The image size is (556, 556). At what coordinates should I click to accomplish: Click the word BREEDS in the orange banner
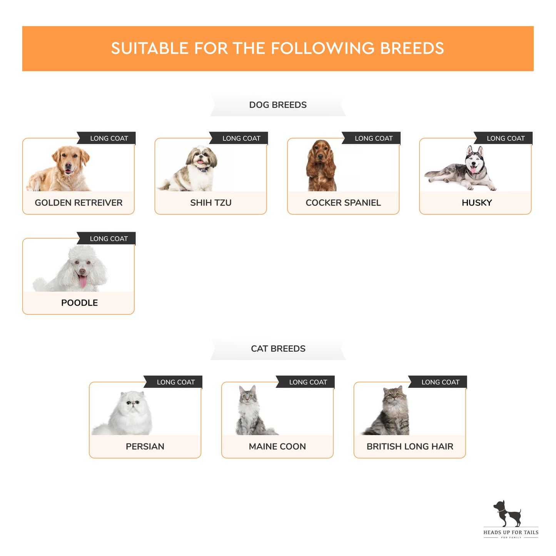pyautogui.click(x=412, y=48)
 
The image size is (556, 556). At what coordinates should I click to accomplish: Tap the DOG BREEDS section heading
pyautogui.click(x=277, y=105)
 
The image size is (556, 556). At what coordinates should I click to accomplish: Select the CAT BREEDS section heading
pyautogui.click(x=278, y=349)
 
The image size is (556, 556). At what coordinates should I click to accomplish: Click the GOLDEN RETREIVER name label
pyautogui.click(x=78, y=202)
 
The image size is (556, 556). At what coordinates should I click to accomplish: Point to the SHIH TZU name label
pyautogui.click(x=210, y=202)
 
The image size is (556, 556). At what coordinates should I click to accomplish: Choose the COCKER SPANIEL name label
pyautogui.click(x=343, y=202)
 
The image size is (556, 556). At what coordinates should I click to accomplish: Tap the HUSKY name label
pyautogui.click(x=477, y=202)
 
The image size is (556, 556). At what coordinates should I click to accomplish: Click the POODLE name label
pyautogui.click(x=79, y=303)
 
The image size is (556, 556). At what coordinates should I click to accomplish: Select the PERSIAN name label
pyautogui.click(x=145, y=446)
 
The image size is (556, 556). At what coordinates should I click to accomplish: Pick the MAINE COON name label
pyautogui.click(x=277, y=446)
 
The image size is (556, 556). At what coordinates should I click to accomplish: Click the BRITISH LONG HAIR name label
pyautogui.click(x=410, y=446)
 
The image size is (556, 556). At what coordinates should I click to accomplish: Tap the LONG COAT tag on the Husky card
pyautogui.click(x=506, y=138)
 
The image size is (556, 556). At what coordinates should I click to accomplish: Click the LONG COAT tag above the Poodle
pyautogui.click(x=109, y=239)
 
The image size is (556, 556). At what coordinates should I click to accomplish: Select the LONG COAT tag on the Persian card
pyautogui.click(x=176, y=382)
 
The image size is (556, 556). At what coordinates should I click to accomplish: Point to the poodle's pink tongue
pyautogui.click(x=83, y=281)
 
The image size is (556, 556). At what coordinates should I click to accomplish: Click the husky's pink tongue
pyautogui.click(x=473, y=170)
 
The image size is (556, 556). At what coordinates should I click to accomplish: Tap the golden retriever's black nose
pyautogui.click(x=68, y=165)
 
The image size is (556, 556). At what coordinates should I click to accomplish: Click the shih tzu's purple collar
pyautogui.click(x=202, y=169)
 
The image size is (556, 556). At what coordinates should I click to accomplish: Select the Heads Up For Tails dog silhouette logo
pyautogui.click(x=507, y=514)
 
